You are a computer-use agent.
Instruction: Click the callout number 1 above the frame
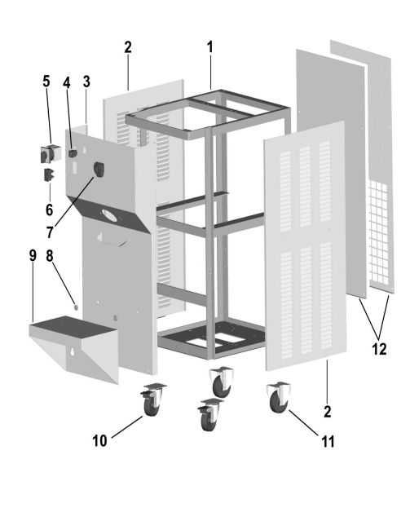(209, 47)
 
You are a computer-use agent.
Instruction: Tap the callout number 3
(86, 82)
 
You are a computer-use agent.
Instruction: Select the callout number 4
(67, 82)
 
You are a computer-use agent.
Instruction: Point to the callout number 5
(46, 82)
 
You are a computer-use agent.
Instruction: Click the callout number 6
(49, 210)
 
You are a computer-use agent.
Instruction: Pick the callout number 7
(50, 232)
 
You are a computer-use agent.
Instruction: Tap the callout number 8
(50, 256)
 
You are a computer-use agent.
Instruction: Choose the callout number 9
(33, 255)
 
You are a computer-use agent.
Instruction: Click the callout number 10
(99, 441)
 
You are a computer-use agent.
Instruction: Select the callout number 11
(328, 442)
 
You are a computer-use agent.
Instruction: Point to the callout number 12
(379, 349)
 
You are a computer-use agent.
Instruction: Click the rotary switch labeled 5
(51, 154)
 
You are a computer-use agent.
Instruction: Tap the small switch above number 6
(49, 175)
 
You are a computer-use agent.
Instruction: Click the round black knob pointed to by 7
(99, 169)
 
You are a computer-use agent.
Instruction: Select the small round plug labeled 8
(76, 307)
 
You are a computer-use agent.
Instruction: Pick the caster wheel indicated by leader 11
(279, 397)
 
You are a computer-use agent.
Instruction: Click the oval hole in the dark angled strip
(109, 215)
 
